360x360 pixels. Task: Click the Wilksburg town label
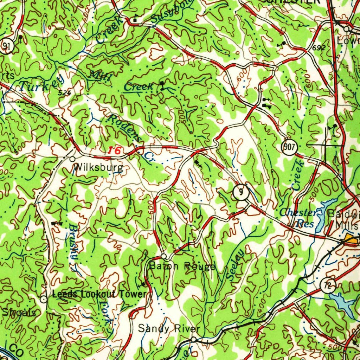pyautogui.click(x=98, y=167)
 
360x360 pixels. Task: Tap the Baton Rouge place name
pyautogui.click(x=182, y=266)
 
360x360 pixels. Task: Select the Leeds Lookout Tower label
pyautogui.click(x=99, y=294)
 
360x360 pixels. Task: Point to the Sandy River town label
pyautogui.click(x=169, y=329)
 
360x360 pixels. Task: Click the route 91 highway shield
pyautogui.click(x=6, y=46)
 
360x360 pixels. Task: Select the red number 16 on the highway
pyautogui.click(x=114, y=151)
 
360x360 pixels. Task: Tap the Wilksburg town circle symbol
pyautogui.click(x=72, y=159)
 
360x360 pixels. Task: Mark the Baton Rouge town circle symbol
pyautogui.click(x=163, y=256)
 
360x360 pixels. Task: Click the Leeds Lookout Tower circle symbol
pyautogui.click(x=43, y=299)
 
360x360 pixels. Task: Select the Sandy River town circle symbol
pyautogui.click(x=193, y=340)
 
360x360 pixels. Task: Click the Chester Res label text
pyautogui.click(x=298, y=218)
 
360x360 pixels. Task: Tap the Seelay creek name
pyautogui.click(x=235, y=264)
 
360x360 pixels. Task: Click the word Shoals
pyautogui.click(x=19, y=312)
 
